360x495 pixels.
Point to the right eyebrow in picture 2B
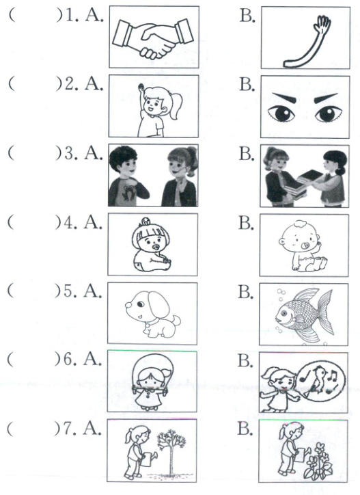326,98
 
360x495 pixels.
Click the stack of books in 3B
303,184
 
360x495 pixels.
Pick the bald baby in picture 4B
302,245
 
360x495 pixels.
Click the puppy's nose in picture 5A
128,306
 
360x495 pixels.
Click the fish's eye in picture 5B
284,314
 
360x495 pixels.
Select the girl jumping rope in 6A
149,382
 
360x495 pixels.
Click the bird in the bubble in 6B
318,378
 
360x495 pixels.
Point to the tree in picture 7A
171,452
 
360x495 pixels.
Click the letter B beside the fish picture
245,292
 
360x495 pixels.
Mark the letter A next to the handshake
94,16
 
